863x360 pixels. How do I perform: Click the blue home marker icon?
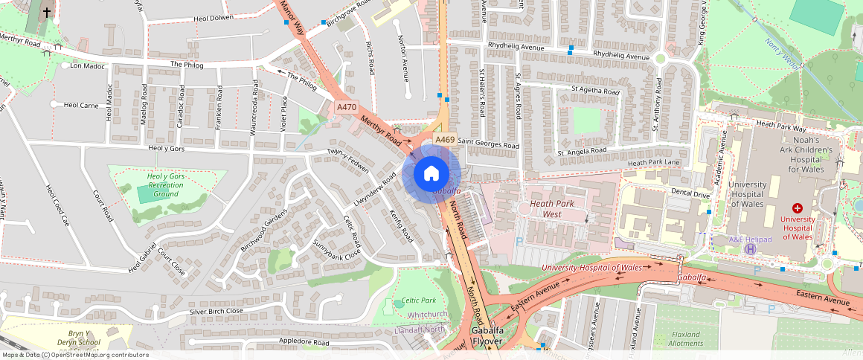tap(431, 174)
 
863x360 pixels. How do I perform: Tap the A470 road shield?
tap(347, 108)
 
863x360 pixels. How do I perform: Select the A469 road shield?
tap(445, 140)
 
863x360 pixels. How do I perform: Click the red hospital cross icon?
tap(798, 209)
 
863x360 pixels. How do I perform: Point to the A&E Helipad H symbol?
tap(749, 249)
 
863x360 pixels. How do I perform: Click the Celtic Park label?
tap(418, 300)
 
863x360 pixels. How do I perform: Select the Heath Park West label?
tap(551, 209)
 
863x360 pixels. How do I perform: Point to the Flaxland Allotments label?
tap(685, 339)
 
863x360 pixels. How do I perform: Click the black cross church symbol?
tap(47, 12)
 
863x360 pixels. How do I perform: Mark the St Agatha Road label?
tap(595, 91)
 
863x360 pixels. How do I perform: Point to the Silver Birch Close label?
tap(216, 311)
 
